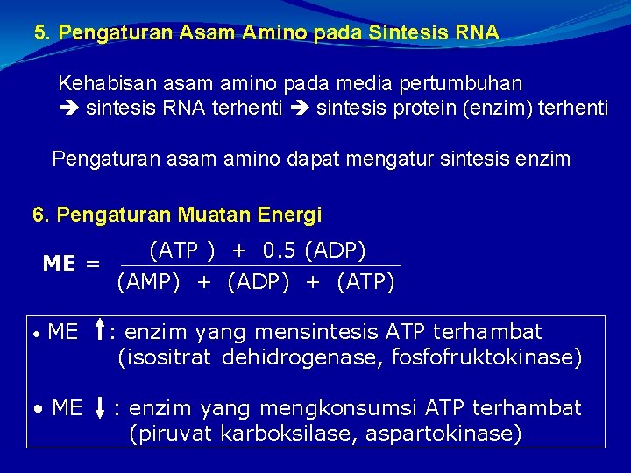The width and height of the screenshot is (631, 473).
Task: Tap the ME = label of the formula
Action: pyautogui.click(x=71, y=264)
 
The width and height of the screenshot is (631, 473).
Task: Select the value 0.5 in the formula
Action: pyautogui.click(x=280, y=251)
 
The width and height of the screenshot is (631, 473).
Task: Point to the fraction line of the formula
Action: pyautogui.click(x=259, y=265)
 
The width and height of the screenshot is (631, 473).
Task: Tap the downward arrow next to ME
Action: pyautogui.click(x=102, y=408)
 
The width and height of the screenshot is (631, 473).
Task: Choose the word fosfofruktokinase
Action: pyautogui.click(x=489, y=357)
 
